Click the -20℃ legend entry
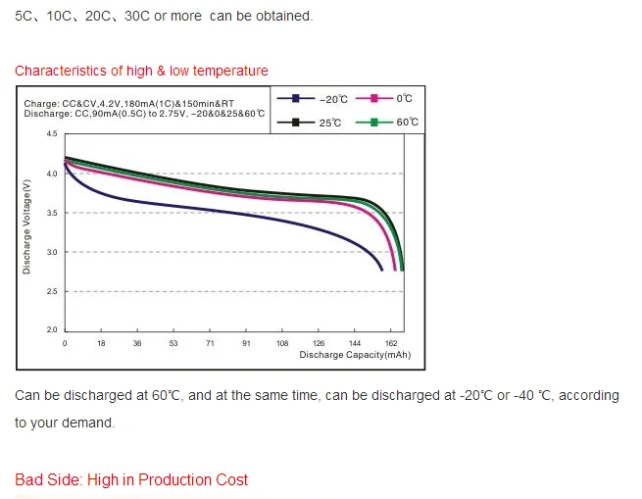pos(314,99)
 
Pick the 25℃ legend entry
pos(314,122)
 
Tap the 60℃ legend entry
pos(388,122)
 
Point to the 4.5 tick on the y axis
pos(52,134)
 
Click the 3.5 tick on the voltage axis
pos(52,213)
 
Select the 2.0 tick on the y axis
pos(52,330)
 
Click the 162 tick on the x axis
pos(391,344)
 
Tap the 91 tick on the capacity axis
pos(246,344)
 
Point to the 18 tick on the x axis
pos(101,344)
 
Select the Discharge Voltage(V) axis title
pos(26,226)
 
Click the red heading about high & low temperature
pos(141,71)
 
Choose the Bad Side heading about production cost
pos(131,479)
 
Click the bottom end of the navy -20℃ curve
pos(382,270)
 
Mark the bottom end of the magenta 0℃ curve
pos(394,269)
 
